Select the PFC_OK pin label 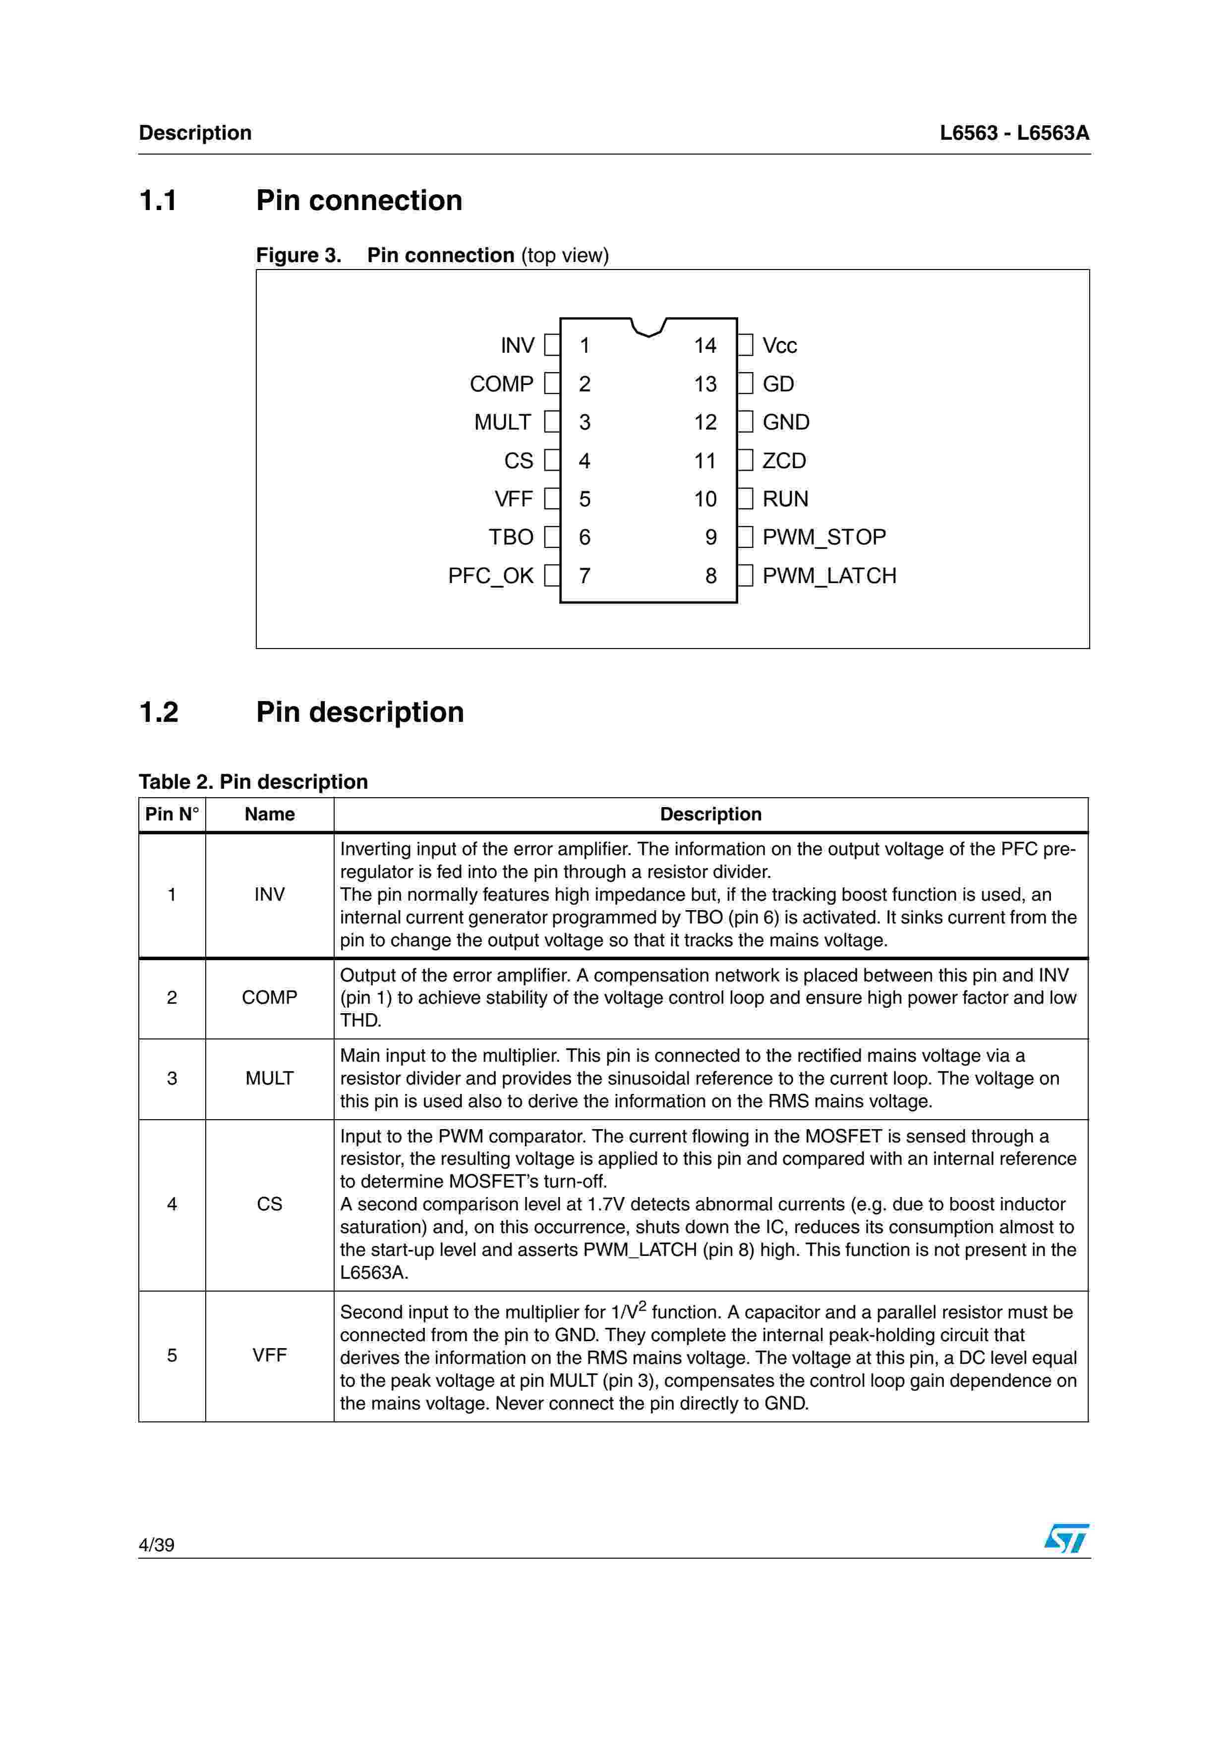click(x=491, y=576)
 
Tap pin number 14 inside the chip click(x=705, y=346)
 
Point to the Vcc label click(x=779, y=346)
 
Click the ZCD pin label click(x=784, y=461)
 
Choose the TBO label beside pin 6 click(x=511, y=538)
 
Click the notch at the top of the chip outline click(x=648, y=327)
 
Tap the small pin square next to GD click(x=746, y=384)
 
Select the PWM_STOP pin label click(x=824, y=538)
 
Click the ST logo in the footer click(x=1066, y=1539)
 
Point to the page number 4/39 click(x=157, y=1545)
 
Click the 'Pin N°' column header click(x=172, y=815)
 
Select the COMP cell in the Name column click(x=270, y=998)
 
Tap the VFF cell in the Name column click(x=270, y=1355)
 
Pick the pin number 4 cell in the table click(x=172, y=1204)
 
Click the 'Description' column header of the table click(x=710, y=815)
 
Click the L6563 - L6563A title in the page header click(x=1014, y=133)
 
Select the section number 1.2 click(x=159, y=712)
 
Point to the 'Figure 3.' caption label click(x=298, y=256)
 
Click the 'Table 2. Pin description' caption click(x=253, y=782)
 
